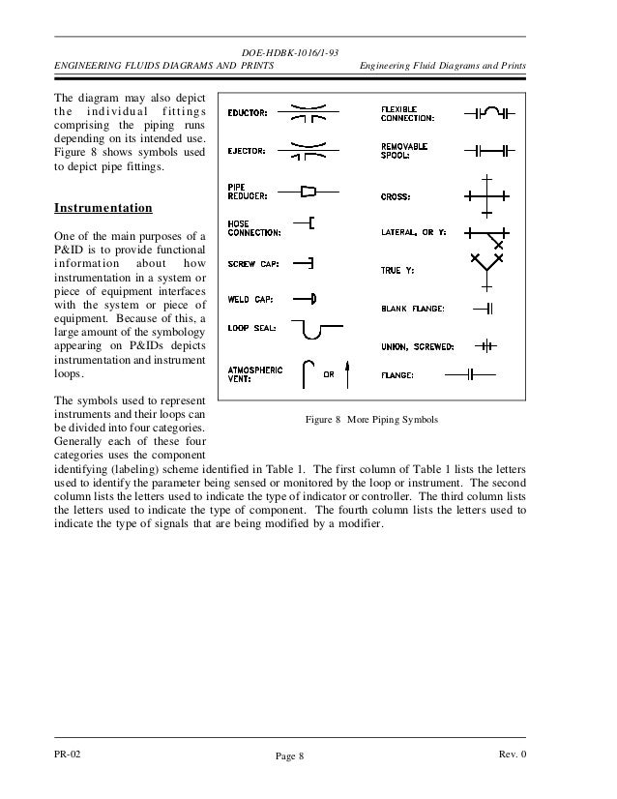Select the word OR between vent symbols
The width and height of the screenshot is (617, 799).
click(328, 375)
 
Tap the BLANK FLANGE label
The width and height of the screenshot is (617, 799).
click(412, 309)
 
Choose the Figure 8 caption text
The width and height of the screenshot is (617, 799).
click(371, 421)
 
